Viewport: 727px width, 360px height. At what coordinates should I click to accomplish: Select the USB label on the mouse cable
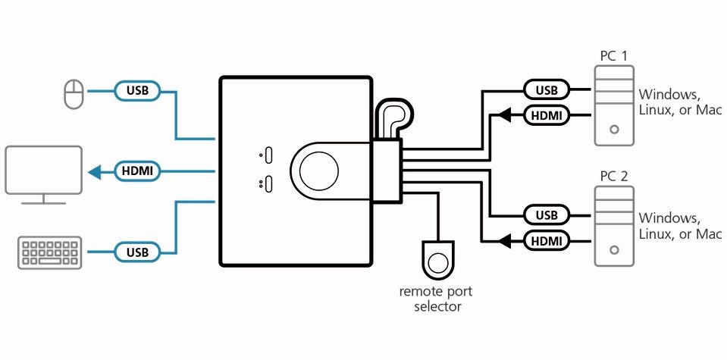[137, 90]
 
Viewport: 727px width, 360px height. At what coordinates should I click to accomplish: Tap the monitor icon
[43, 174]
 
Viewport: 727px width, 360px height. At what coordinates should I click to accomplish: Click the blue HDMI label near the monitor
[137, 171]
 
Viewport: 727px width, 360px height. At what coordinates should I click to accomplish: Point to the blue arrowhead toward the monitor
[95, 172]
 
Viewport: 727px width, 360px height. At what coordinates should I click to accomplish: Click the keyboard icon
[49, 252]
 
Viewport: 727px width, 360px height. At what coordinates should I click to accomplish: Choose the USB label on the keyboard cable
[137, 252]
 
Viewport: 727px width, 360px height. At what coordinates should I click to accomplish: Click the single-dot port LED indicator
[268, 155]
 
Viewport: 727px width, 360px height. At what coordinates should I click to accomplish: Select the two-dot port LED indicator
[268, 183]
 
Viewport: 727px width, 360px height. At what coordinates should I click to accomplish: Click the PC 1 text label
[613, 57]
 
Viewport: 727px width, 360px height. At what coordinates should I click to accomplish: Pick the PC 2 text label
[614, 177]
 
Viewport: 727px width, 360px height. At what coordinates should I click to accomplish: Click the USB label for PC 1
[547, 90]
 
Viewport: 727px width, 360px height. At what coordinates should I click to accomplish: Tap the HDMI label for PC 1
[547, 115]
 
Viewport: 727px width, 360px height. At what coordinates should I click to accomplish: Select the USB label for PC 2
[547, 215]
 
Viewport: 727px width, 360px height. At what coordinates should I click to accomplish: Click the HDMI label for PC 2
[547, 241]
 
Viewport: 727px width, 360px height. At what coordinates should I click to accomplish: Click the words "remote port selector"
[436, 299]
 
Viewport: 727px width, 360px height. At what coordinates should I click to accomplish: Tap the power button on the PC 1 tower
[615, 130]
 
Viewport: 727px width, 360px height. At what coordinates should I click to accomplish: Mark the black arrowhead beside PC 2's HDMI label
[505, 241]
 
